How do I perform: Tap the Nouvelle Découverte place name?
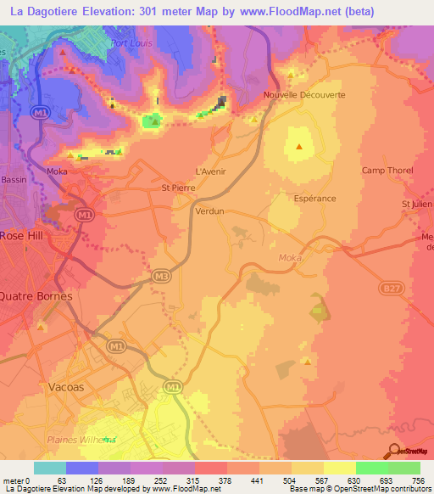point(304,95)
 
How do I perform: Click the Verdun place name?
point(209,210)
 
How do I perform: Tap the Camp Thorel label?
point(387,171)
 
